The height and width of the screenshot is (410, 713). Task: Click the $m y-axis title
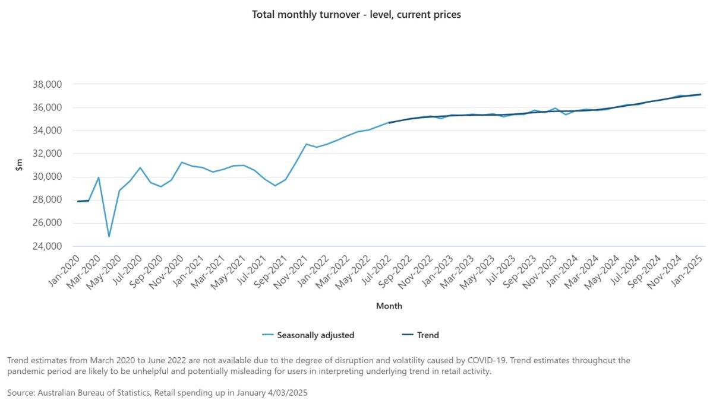pyautogui.click(x=20, y=166)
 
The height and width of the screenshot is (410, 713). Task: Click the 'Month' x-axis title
pyautogui.click(x=389, y=306)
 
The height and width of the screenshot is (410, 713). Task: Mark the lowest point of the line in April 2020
pyautogui.click(x=109, y=237)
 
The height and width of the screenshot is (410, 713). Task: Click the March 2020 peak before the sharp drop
pyautogui.click(x=99, y=177)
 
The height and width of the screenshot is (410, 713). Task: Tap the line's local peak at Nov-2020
pyautogui.click(x=182, y=162)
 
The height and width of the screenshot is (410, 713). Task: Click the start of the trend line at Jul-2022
pyautogui.click(x=389, y=123)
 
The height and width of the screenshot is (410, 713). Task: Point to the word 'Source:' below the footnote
pyautogui.click(x=22, y=393)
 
